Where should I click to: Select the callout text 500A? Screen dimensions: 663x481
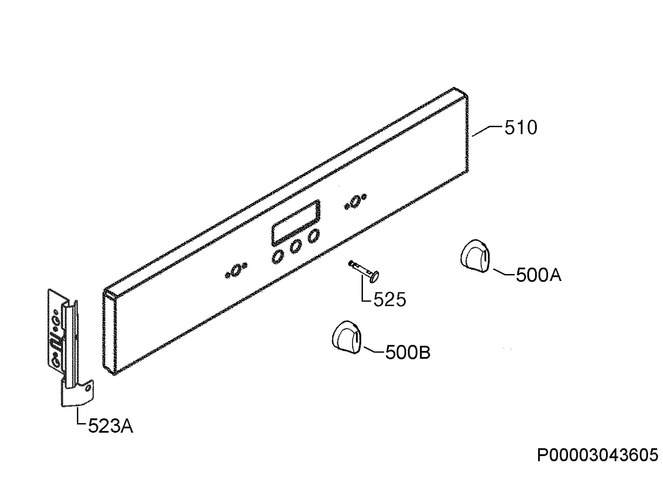tap(538, 275)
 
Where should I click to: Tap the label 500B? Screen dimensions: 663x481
tap(408, 352)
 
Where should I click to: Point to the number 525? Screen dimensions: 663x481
tap(390, 299)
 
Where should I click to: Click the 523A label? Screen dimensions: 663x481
tap(110, 426)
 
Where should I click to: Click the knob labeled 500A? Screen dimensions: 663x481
tap(474, 256)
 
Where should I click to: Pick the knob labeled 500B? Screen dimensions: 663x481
tap(346, 338)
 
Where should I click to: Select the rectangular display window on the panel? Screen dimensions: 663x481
tap(296, 223)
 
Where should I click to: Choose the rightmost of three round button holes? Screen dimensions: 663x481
tap(313, 236)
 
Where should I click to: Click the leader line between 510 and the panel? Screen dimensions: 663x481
tap(488, 131)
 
